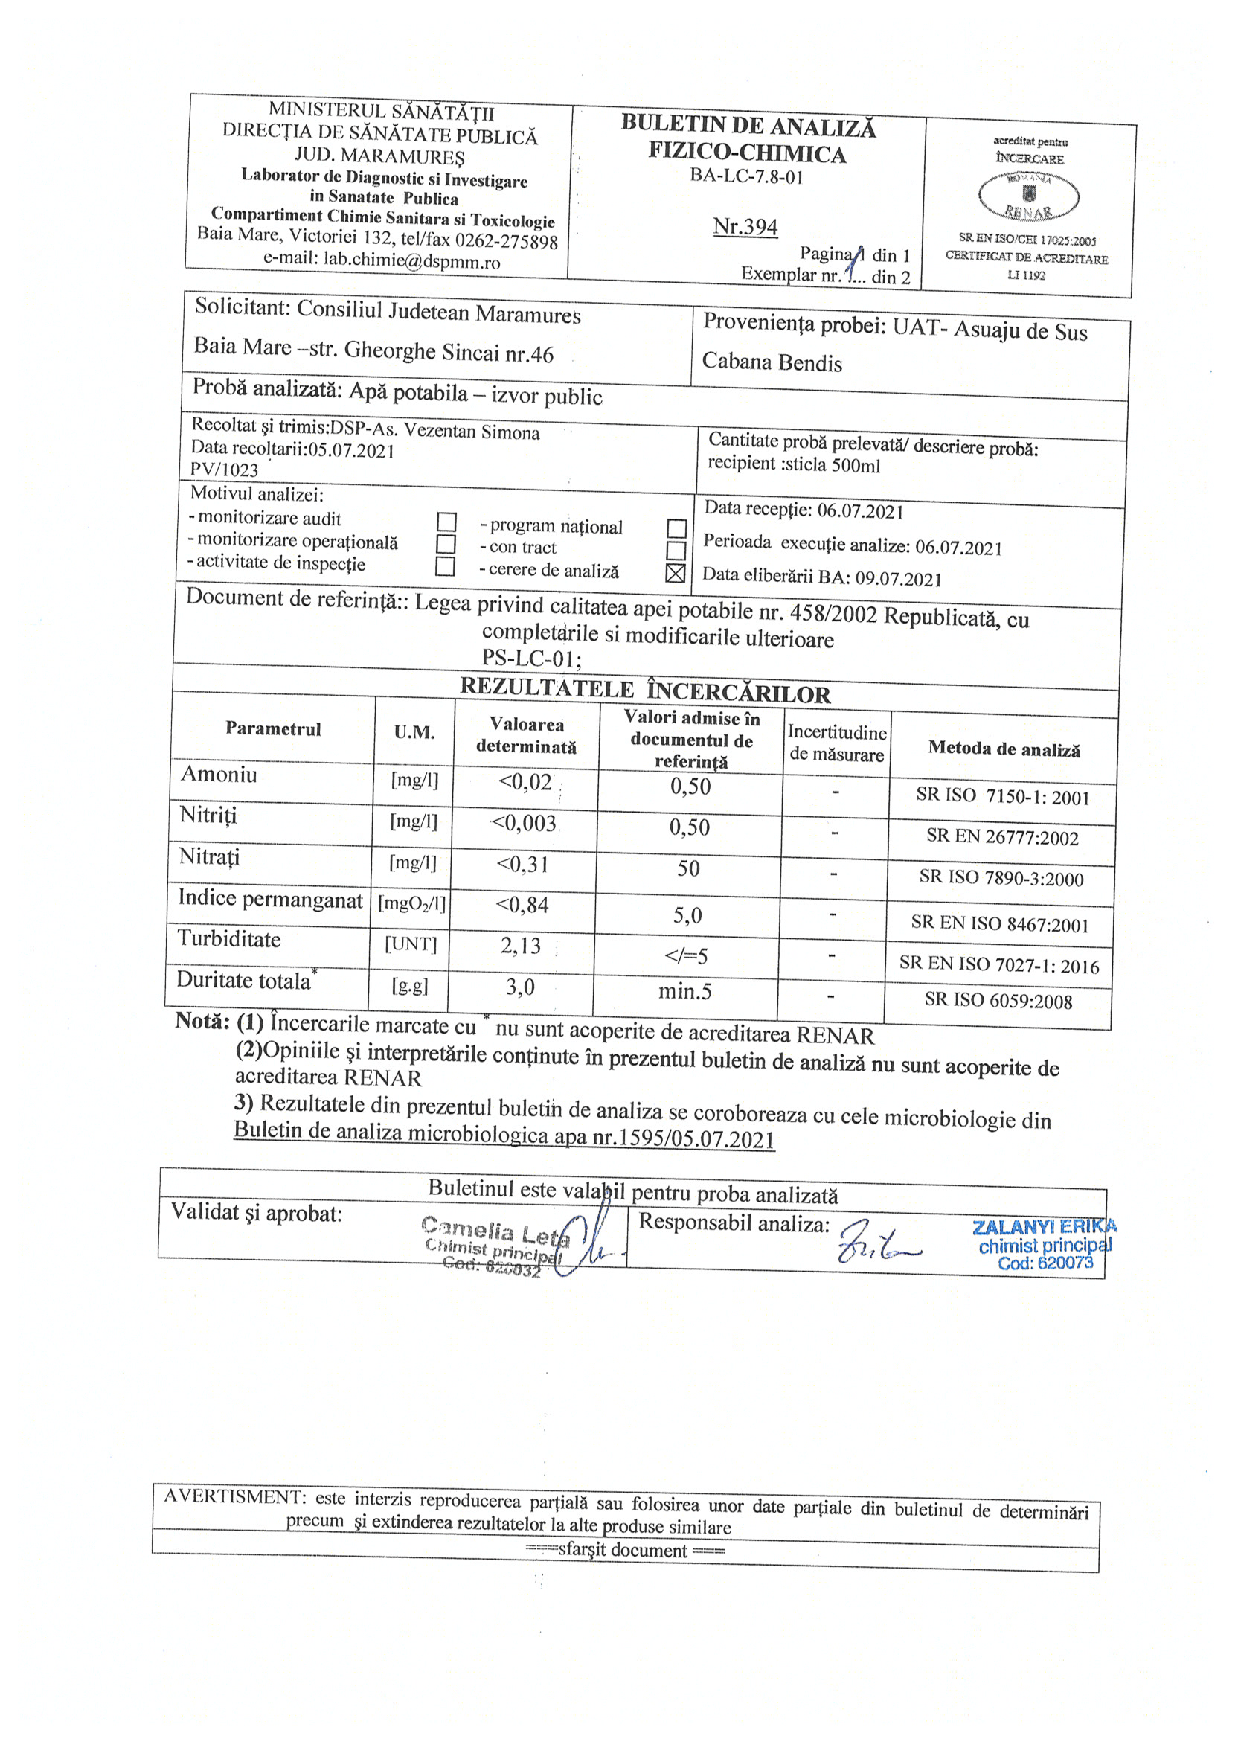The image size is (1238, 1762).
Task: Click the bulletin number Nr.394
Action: tap(745, 227)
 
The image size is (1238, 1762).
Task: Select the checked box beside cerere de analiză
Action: tap(676, 573)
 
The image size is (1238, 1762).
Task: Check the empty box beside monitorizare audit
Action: tap(446, 522)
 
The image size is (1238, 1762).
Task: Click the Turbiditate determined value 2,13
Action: tap(521, 946)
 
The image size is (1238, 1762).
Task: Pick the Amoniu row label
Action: tap(219, 775)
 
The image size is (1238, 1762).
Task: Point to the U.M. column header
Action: tap(414, 732)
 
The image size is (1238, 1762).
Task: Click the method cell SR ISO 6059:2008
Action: tap(998, 999)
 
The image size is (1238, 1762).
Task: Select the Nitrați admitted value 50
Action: tap(688, 868)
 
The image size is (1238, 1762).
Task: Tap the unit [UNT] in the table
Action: tap(411, 944)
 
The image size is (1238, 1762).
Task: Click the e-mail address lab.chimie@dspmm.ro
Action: tap(411, 261)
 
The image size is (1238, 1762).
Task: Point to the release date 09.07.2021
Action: tap(899, 579)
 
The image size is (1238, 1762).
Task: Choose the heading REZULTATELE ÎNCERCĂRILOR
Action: tap(645, 690)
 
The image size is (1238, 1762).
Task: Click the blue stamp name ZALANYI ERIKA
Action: tap(1044, 1227)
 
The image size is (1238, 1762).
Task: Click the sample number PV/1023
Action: tap(224, 470)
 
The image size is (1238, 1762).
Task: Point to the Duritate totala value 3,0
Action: tap(519, 987)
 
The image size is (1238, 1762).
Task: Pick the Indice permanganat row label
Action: tap(270, 898)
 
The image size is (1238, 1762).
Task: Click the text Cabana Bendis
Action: tap(772, 362)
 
